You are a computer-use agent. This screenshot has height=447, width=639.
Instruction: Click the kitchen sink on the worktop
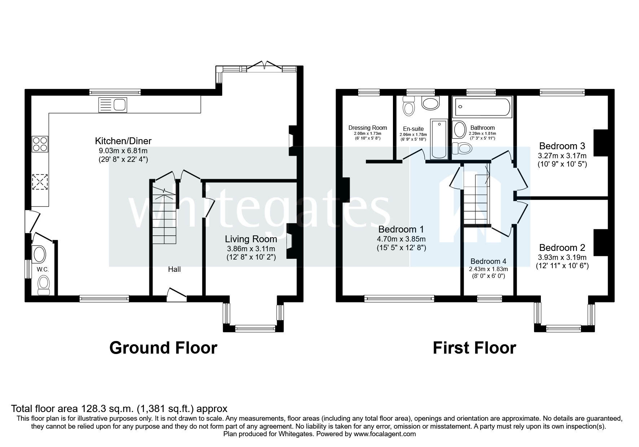pyautogui.click(x=113, y=105)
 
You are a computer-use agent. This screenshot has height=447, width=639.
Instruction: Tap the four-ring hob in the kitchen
pyautogui.click(x=40, y=144)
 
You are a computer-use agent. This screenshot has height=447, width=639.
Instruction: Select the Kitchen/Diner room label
pyautogui.click(x=123, y=141)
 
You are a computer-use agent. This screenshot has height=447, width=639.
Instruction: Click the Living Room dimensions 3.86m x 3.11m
pyautogui.click(x=251, y=249)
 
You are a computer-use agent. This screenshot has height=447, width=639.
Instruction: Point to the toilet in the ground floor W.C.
pyautogui.click(x=44, y=285)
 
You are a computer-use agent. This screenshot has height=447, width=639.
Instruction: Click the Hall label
pyautogui.click(x=174, y=269)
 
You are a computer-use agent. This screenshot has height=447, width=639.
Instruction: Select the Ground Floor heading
pyautogui.click(x=163, y=348)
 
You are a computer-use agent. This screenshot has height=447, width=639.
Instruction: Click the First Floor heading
pyautogui.click(x=474, y=348)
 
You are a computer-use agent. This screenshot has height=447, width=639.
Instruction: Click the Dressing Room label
pyautogui.click(x=367, y=128)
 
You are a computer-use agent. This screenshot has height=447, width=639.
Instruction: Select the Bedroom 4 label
pyautogui.click(x=488, y=261)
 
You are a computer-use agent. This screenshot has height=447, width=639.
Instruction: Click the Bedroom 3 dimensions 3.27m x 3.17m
pyautogui.click(x=562, y=156)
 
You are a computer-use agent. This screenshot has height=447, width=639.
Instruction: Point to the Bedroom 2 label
pyautogui.click(x=562, y=248)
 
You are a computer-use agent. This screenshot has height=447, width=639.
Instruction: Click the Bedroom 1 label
pyautogui.click(x=401, y=229)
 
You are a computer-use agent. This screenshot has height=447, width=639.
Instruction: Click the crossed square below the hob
pyautogui.click(x=40, y=182)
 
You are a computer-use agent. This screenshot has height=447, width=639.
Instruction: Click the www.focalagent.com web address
pyautogui.click(x=385, y=434)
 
